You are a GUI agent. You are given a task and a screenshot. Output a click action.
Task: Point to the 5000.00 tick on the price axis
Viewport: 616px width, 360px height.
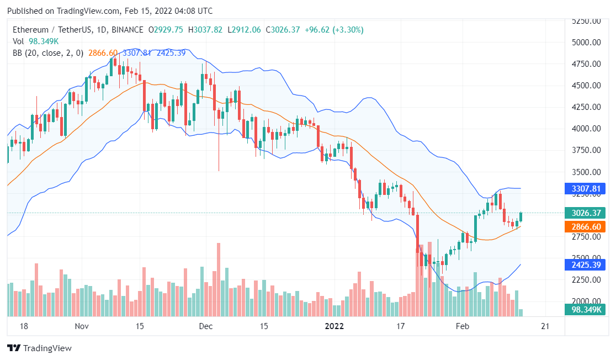586,43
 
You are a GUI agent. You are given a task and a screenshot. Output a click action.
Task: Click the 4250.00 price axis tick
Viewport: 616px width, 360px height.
586,107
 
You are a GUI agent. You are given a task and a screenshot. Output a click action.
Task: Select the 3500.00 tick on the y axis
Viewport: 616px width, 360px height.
586,172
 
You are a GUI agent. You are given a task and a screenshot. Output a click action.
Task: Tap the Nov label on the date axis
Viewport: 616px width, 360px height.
82,326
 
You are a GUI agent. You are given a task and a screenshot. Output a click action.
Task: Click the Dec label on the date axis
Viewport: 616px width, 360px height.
206,326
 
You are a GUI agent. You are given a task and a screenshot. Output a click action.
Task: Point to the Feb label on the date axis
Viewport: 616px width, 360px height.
462,326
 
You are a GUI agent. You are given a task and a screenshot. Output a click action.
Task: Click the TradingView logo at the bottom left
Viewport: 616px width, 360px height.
39,348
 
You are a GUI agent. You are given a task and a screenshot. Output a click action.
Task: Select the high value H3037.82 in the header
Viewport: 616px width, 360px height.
205,30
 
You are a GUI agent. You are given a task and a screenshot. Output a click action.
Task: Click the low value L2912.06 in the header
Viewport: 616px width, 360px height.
244,30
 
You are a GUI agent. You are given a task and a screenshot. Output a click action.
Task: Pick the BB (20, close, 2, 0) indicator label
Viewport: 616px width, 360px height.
47,53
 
